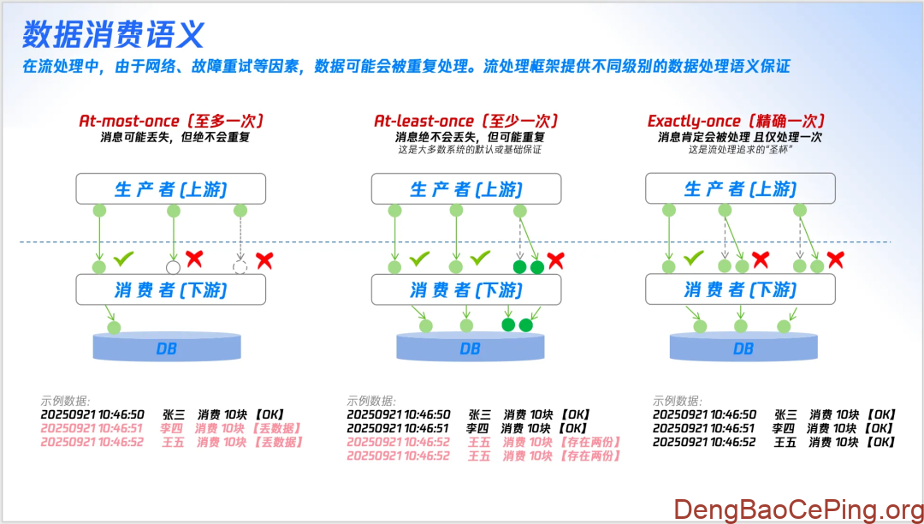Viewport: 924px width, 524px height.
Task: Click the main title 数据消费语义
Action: [x=113, y=34]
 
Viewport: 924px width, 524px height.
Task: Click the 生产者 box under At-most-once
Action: [x=171, y=188]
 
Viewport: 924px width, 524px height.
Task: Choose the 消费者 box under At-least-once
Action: [x=466, y=289]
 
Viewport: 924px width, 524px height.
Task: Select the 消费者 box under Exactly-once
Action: [x=740, y=289]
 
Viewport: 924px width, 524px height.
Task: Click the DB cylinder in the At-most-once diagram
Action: [x=167, y=348]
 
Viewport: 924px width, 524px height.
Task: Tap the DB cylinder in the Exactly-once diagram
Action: [x=743, y=348]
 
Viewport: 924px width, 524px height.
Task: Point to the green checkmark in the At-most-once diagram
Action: [x=124, y=257]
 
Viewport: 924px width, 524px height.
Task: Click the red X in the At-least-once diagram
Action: [x=556, y=260]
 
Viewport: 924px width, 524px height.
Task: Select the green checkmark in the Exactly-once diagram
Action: [x=694, y=257]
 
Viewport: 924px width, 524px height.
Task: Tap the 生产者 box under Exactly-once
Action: [x=740, y=188]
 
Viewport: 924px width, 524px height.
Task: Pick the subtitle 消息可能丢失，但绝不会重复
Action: [x=175, y=137]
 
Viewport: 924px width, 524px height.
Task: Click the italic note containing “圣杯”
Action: [x=740, y=149]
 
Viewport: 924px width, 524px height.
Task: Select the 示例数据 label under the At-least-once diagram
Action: [x=370, y=401]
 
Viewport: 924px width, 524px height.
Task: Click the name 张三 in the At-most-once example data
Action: [x=174, y=414]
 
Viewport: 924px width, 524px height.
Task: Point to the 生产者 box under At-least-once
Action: [x=466, y=188]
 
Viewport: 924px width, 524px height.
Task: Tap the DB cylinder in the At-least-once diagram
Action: [x=470, y=348]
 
